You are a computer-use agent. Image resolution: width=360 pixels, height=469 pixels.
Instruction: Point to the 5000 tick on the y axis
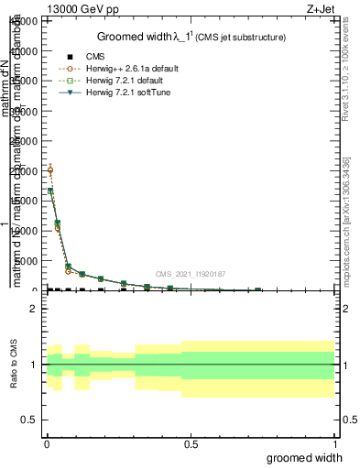[27, 261]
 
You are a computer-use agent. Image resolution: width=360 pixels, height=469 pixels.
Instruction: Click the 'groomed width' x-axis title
[305, 457]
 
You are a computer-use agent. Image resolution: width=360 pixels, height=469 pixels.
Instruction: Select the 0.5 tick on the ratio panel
[30, 420]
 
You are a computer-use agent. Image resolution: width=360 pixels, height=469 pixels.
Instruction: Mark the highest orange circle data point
[49, 169]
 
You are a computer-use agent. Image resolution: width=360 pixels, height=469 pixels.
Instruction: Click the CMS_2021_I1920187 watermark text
[190, 274]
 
